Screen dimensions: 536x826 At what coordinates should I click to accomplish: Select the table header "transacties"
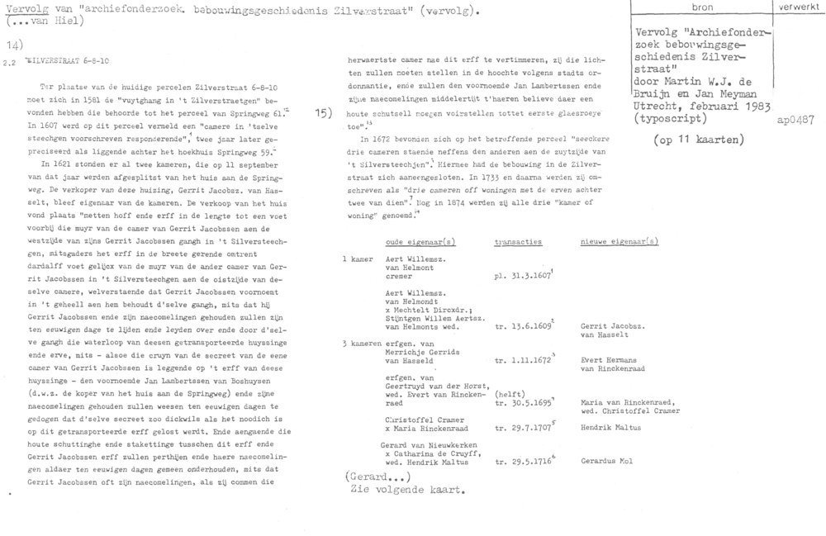[x=517, y=242]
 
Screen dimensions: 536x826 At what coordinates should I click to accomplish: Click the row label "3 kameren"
[x=362, y=341]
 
